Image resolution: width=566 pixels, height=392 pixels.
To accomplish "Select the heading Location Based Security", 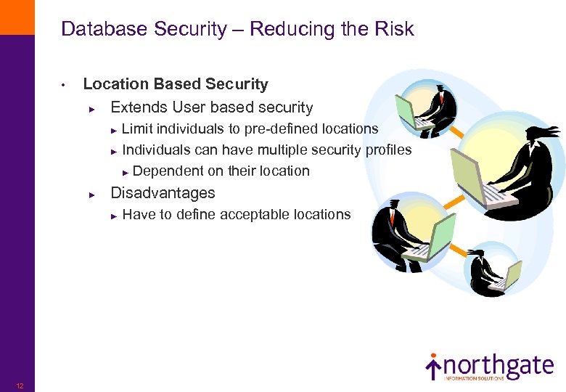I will click(176, 84).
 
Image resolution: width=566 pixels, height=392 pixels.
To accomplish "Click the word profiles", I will click(388, 150).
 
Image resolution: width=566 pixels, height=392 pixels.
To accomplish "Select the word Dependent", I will click(169, 171).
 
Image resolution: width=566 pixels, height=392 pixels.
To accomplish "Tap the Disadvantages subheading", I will click(163, 193).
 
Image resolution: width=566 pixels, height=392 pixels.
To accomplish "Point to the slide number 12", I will click(20, 385).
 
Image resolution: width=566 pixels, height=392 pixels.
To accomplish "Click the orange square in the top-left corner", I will click(17, 17).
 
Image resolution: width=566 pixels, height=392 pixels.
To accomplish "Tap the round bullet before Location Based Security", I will click(65, 86).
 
